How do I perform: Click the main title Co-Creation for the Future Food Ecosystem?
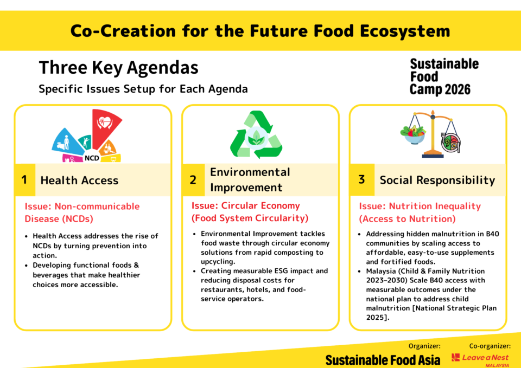point(260,31)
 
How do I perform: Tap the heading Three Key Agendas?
point(119,68)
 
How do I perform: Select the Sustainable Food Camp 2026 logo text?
point(444,76)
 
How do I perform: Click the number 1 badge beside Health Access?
point(24,179)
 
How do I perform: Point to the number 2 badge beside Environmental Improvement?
point(193,179)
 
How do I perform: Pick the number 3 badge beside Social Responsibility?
point(362,179)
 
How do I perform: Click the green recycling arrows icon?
point(256,134)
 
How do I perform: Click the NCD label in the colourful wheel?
point(92,158)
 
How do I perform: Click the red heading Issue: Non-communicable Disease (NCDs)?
point(82,212)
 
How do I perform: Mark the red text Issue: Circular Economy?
point(245,206)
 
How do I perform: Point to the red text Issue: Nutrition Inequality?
point(420,206)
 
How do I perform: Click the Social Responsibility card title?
point(437,180)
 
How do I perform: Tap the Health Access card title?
point(79,180)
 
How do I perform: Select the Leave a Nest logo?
point(480,359)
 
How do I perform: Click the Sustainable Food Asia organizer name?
point(383,360)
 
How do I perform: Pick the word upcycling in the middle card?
point(218,262)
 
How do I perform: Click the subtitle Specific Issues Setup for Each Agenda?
point(143,89)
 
